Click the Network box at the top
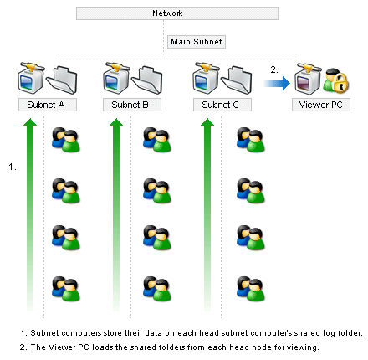click(177, 13)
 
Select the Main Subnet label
click(197, 42)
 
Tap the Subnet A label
click(48, 105)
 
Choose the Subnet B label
click(132, 105)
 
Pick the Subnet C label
click(222, 105)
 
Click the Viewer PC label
click(321, 105)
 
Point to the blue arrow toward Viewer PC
click(277, 83)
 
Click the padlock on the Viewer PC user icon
click(340, 82)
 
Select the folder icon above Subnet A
click(62, 80)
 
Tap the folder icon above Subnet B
click(147, 80)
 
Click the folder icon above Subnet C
click(237, 80)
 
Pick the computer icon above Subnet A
click(31, 78)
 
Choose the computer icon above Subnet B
click(116, 78)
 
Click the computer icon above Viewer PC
click(308, 79)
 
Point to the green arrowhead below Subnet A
click(30, 122)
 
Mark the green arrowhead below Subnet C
click(207, 122)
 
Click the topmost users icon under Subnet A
click(66, 140)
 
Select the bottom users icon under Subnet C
click(251, 289)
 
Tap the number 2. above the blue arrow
click(274, 69)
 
